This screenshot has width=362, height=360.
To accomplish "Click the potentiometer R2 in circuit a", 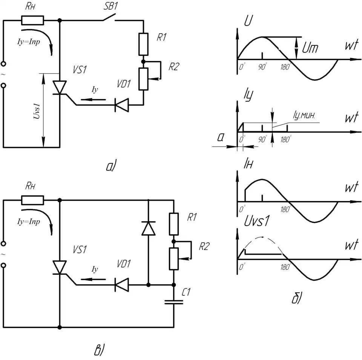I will click(x=143, y=78).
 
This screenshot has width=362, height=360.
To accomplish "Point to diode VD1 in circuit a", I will click(x=122, y=105).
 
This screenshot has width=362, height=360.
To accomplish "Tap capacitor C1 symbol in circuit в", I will click(x=174, y=302).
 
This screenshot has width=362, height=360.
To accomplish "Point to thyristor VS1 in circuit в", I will click(x=60, y=268).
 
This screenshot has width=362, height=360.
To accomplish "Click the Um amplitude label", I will click(x=310, y=48).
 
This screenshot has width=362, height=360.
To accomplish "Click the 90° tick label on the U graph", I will click(x=262, y=67).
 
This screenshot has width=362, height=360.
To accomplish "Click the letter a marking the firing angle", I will click(x=221, y=139).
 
